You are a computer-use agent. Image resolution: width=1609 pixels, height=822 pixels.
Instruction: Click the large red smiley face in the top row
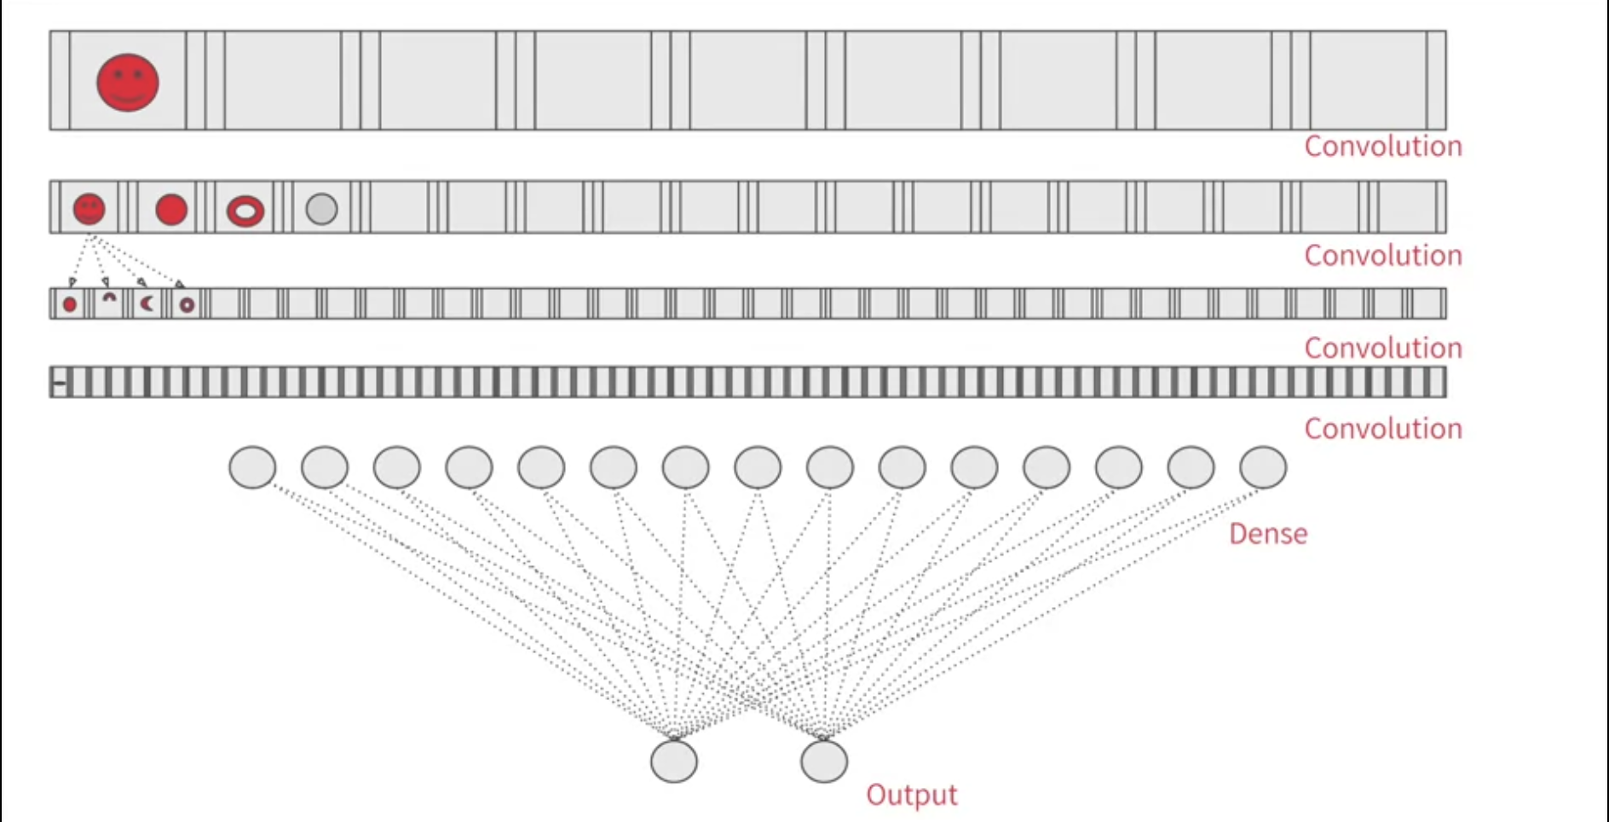(x=128, y=83)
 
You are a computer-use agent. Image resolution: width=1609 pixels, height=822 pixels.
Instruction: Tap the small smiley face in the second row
(x=89, y=209)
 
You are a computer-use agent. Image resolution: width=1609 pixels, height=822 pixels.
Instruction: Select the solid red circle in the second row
(x=171, y=209)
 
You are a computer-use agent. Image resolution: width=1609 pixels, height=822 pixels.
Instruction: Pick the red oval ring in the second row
(x=245, y=211)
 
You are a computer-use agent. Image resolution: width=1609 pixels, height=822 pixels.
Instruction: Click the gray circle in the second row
(x=321, y=209)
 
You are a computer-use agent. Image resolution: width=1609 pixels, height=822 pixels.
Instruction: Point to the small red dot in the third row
(x=70, y=304)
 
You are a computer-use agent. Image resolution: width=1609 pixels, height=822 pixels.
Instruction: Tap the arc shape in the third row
(x=109, y=298)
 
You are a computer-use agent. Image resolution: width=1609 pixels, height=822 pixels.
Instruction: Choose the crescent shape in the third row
(x=147, y=304)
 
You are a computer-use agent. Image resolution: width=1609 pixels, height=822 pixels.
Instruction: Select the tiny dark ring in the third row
(x=187, y=304)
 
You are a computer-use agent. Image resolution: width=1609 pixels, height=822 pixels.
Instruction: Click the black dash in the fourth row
(x=59, y=383)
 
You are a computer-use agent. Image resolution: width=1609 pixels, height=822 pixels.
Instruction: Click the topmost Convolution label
(x=1382, y=147)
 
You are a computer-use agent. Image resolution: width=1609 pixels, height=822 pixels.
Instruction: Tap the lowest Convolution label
(x=1382, y=429)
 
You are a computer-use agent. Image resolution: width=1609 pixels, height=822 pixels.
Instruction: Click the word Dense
(x=1267, y=534)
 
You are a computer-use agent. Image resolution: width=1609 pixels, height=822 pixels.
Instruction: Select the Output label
(x=911, y=795)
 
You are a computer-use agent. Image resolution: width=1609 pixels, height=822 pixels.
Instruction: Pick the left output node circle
(x=674, y=761)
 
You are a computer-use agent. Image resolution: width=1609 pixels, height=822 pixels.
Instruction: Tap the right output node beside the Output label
(x=824, y=761)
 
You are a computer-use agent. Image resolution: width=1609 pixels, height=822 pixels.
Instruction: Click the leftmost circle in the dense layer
(x=252, y=467)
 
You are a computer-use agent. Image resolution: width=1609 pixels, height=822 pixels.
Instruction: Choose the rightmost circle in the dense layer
(x=1263, y=467)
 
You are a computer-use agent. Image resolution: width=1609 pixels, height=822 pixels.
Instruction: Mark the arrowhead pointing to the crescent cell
(x=141, y=281)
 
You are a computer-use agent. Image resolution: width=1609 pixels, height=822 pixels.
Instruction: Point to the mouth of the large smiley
(x=128, y=97)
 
